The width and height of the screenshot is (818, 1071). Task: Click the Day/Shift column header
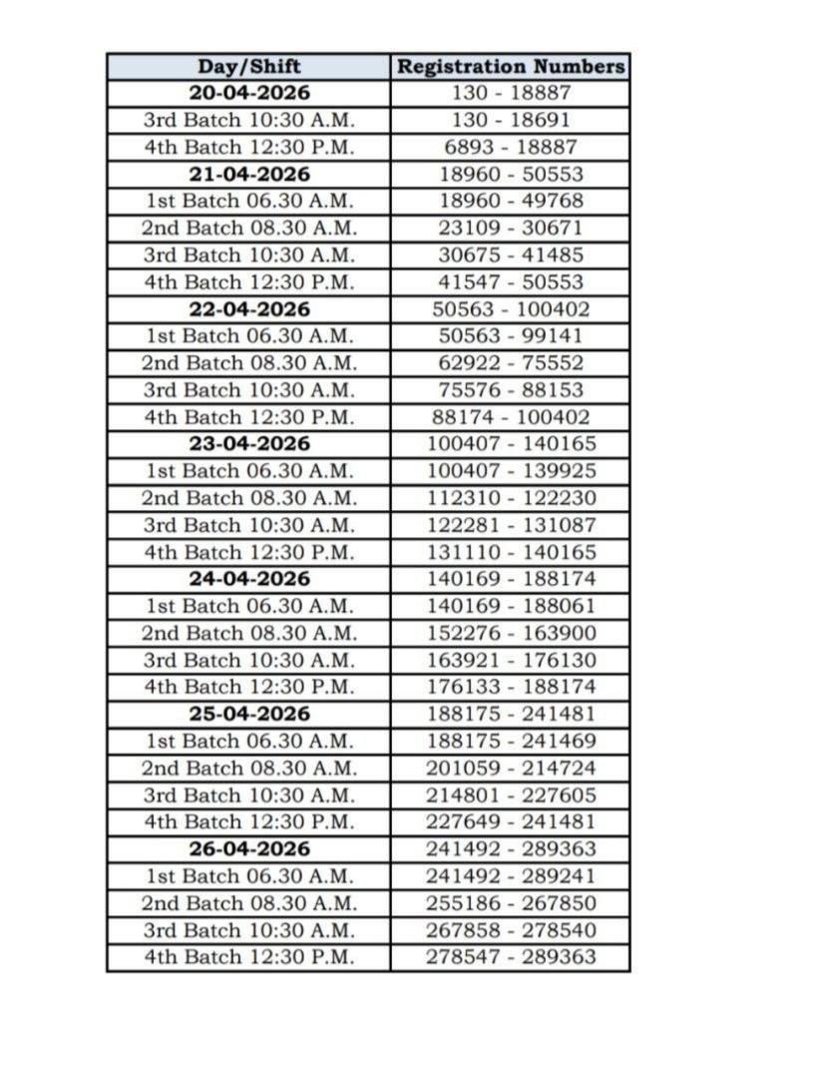[248, 67]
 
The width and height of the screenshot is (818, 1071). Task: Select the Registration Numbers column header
[511, 67]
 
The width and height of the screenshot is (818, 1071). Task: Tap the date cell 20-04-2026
[248, 94]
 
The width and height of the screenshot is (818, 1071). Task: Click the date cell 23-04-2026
[248, 443]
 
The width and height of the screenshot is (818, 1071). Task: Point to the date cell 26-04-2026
[248, 848]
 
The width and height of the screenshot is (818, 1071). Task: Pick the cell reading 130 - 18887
[511, 94]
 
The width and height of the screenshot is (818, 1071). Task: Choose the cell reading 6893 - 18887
[511, 147]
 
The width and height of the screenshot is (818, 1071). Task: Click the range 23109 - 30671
[511, 228]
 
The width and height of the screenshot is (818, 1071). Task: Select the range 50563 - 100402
[511, 308]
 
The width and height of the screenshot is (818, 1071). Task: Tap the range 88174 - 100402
[511, 417]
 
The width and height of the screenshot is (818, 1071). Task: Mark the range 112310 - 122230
[511, 498]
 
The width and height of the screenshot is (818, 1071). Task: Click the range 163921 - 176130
[511, 660]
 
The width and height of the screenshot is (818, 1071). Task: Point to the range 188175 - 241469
[511, 741]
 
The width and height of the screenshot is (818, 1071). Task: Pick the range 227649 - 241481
[511, 821]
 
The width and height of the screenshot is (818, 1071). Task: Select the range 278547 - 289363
[511, 956]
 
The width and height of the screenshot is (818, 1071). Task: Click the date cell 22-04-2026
[248, 308]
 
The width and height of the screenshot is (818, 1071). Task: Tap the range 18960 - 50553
[511, 174]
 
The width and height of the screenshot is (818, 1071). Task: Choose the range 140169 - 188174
[511, 579]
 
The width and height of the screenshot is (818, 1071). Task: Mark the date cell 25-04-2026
[248, 714]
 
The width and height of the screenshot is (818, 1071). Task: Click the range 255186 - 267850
[511, 902]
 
